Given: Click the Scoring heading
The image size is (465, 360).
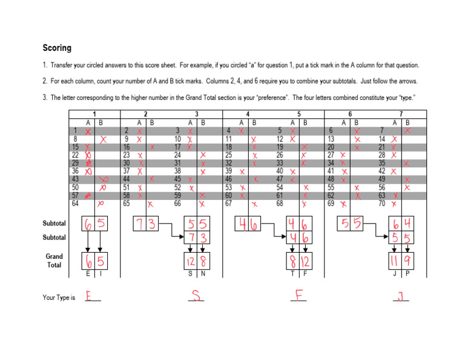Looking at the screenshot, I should [x=56, y=48].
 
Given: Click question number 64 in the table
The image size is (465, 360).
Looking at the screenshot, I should [x=75, y=204].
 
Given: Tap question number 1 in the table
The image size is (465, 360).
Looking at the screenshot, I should [x=75, y=131].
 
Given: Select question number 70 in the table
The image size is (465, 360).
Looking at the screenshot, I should [x=382, y=204].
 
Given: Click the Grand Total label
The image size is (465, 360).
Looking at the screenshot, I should [x=54, y=261].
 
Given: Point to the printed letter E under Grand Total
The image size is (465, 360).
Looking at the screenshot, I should [x=89, y=275].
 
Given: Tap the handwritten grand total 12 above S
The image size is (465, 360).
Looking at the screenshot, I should [x=190, y=261].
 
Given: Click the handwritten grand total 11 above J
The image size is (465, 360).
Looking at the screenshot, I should [x=395, y=261].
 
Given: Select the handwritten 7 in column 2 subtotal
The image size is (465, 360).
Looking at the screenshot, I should [x=140, y=225].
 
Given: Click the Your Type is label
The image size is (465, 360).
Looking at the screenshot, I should [x=59, y=298].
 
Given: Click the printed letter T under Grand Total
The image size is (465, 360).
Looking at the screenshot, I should [x=293, y=275].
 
